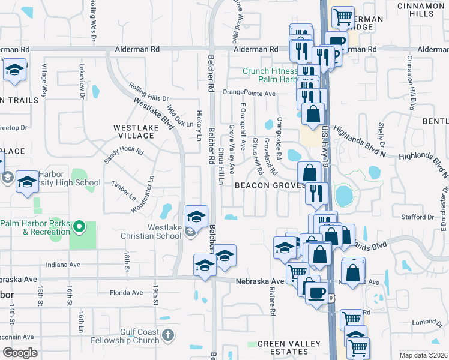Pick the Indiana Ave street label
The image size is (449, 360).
(62, 264)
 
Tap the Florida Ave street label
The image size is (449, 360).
(126, 293)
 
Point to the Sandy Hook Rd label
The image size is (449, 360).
(124, 156)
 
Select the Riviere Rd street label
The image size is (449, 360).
(272, 302)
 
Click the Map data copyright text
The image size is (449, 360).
(423, 355)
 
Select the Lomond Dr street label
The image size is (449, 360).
(431, 322)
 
